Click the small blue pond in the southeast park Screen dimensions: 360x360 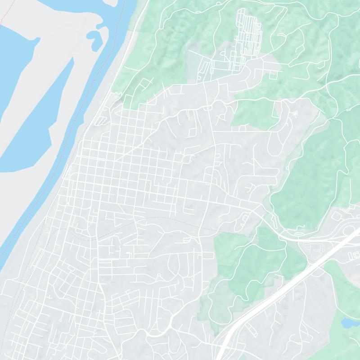coord(348,323)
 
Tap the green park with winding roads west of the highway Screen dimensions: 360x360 coord(243,270)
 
